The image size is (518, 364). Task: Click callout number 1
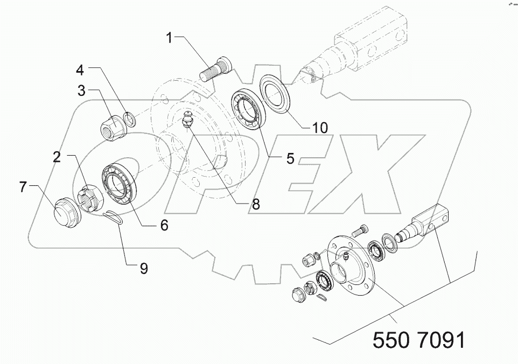pyautogui.click(x=170, y=38)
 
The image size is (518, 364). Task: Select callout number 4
pyautogui.click(x=80, y=71)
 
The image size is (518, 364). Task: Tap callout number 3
pyautogui.click(x=81, y=90)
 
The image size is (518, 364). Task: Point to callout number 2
pyautogui.click(x=57, y=157)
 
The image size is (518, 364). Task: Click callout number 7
pyautogui.click(x=23, y=187)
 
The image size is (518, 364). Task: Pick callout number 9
pyautogui.click(x=143, y=268)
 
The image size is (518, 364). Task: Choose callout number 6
pyautogui.click(x=163, y=225)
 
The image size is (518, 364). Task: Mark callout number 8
pyautogui.click(x=255, y=204)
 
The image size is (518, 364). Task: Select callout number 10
pyautogui.click(x=320, y=128)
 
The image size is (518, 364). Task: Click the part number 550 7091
pyautogui.click(x=417, y=341)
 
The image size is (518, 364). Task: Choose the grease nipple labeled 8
pyautogui.click(x=187, y=120)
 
